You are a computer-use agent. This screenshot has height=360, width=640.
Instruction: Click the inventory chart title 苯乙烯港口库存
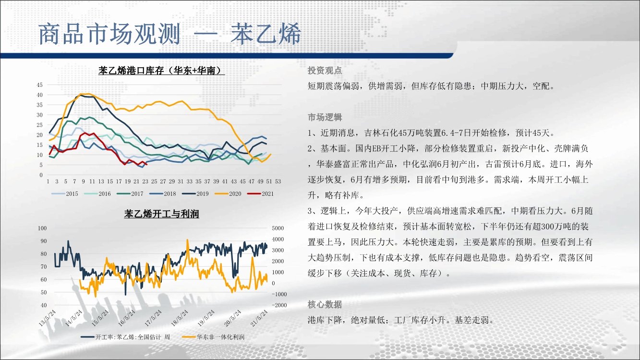pyautogui.click(x=131, y=70)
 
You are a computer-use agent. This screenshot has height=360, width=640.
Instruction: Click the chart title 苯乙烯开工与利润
pyautogui.click(x=161, y=214)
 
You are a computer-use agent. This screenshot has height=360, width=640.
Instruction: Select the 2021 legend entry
pyautogui.click(x=260, y=194)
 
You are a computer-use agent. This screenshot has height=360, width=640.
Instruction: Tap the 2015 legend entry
pyautogui.click(x=64, y=194)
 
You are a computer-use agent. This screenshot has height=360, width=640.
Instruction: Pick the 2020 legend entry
pyautogui.click(x=228, y=194)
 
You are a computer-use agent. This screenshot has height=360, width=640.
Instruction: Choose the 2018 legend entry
pyautogui.click(x=163, y=194)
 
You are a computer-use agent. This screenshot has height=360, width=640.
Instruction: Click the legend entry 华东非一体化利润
pyautogui.click(x=213, y=337)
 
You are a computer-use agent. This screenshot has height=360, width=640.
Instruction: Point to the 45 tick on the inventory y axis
pyautogui.click(x=40, y=85)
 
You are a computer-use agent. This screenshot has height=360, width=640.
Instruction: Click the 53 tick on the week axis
pyautogui.click(x=278, y=181)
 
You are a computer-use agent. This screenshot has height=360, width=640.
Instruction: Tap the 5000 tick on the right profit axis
pyautogui.click(x=278, y=228)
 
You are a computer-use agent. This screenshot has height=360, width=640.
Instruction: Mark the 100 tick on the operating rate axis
pyautogui.click(x=42, y=228)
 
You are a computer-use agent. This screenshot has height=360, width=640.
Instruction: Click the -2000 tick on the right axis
pyautogui.click(x=279, y=305)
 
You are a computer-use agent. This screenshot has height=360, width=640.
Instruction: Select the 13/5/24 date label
pyautogui.click(x=48, y=318)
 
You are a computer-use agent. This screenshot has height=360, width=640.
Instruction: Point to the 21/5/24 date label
pyautogui.click(x=259, y=318)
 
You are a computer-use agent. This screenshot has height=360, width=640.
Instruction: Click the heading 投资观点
pyautogui.click(x=325, y=71)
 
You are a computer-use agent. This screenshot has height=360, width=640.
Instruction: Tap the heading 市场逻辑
pyautogui.click(x=325, y=117)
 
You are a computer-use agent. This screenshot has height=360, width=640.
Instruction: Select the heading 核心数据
pyautogui.click(x=325, y=305)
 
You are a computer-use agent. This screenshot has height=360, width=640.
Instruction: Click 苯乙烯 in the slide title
pyautogui.click(x=266, y=34)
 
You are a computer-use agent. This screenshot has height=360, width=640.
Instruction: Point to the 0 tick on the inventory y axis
pyautogui.click(x=41, y=175)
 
